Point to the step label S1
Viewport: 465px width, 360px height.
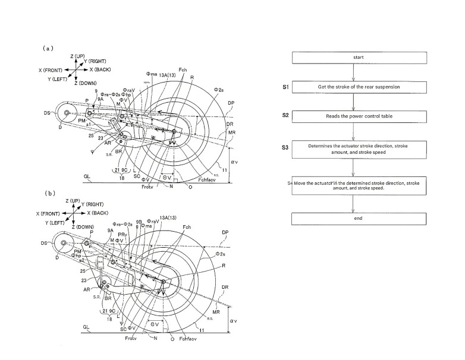click(x=285, y=87)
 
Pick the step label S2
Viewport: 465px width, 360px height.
click(x=285, y=114)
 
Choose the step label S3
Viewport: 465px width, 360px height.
click(x=285, y=147)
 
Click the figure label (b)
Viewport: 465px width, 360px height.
click(x=50, y=193)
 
